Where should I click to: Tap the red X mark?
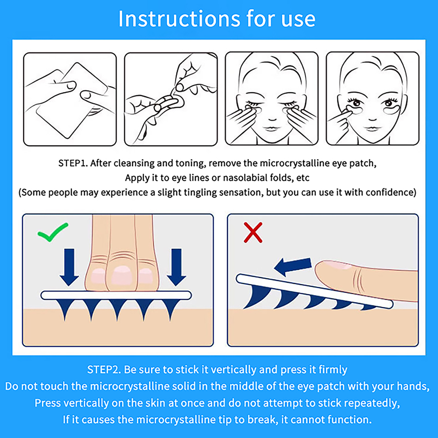coord(253,232)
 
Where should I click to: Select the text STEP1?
coord(73,163)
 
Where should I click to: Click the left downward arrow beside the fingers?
coord(69,267)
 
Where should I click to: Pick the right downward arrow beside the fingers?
coord(177,267)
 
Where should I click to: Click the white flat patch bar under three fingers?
coord(116,295)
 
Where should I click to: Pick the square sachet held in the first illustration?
coord(72,100)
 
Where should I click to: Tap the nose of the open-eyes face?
coord(373,118)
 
